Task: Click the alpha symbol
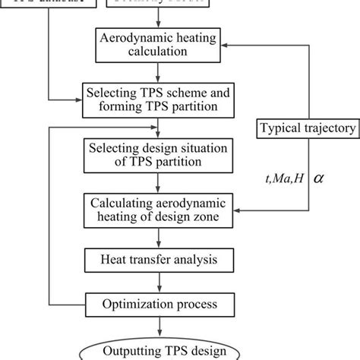click(x=319, y=178)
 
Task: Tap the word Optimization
click(x=137, y=305)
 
